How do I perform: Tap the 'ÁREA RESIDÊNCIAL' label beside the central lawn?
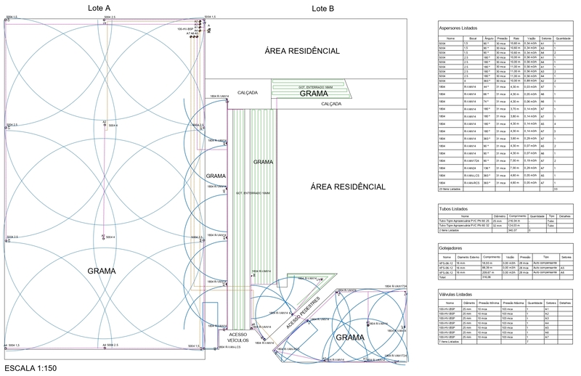348,187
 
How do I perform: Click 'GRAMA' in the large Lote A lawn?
101,271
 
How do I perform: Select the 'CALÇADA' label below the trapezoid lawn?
341,104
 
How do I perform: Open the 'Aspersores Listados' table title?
458,28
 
